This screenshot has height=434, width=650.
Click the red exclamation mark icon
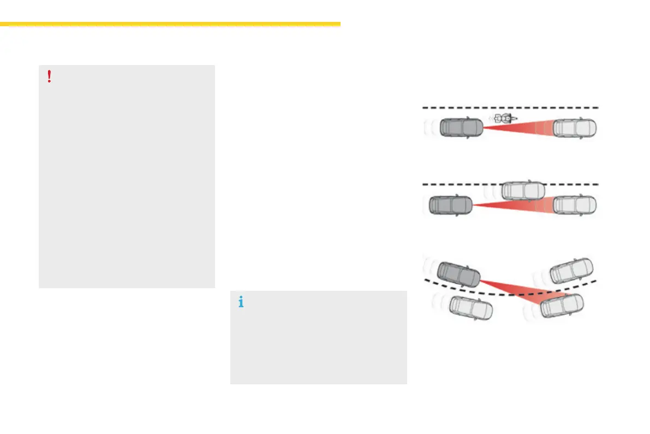[49, 77]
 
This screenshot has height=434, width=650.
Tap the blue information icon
[241, 302]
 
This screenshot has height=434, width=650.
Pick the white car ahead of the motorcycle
[575, 128]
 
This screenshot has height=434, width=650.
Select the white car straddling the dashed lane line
[523, 190]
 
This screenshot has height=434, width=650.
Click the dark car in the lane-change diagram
[450, 205]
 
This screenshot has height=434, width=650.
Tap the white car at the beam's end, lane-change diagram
[575, 205]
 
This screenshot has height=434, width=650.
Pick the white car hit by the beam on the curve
[561, 306]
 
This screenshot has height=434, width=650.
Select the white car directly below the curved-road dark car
[470, 308]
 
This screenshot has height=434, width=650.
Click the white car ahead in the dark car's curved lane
[571, 270]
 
